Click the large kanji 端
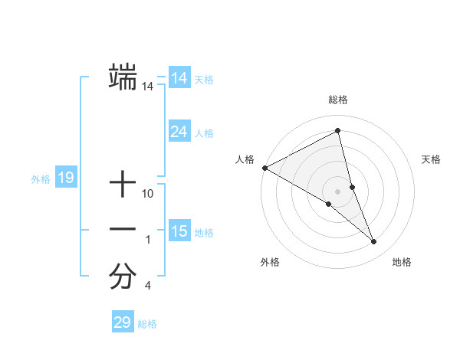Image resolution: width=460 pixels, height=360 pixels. (x=123, y=78)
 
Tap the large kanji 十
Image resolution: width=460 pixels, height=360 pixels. (x=123, y=185)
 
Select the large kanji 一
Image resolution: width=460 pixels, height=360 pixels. (x=123, y=230)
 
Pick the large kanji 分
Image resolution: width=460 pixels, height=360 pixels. (x=123, y=277)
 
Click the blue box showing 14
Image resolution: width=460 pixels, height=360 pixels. (x=179, y=78)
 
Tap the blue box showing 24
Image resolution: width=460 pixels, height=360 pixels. (x=179, y=132)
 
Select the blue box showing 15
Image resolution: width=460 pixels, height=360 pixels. (x=179, y=231)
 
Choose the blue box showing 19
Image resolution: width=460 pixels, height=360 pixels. (x=66, y=178)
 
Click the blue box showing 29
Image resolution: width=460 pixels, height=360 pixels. (x=122, y=322)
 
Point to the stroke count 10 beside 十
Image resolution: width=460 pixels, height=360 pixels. (x=148, y=195)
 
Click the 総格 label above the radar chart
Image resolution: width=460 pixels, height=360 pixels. (x=337, y=100)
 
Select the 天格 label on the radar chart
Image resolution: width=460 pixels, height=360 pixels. (x=432, y=159)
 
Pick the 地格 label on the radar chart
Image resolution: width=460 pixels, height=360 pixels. (x=402, y=262)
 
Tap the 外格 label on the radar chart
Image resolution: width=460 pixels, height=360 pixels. (x=270, y=262)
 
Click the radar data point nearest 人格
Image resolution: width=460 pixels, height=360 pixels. (x=264, y=167)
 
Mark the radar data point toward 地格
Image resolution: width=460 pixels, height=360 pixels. (x=373, y=241)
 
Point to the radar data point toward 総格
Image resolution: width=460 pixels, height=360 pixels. (x=337, y=130)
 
